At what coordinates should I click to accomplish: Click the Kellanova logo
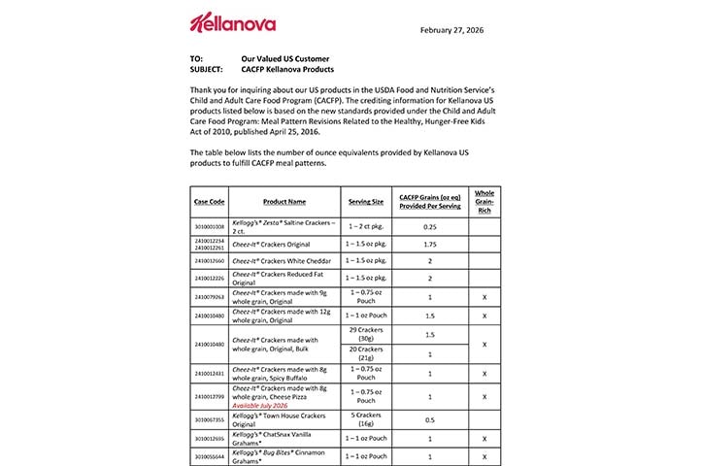(x=232, y=22)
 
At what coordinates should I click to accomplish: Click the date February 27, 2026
(x=451, y=30)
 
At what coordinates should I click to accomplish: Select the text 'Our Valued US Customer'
(x=285, y=58)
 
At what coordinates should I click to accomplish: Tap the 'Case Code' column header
(x=209, y=201)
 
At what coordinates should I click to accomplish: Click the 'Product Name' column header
(x=284, y=201)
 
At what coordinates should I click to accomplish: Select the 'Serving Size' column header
(x=367, y=201)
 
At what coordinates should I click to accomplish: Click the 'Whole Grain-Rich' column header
(x=484, y=200)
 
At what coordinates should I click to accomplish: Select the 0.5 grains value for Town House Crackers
(x=428, y=418)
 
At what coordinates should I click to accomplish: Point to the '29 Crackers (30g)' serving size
(x=367, y=335)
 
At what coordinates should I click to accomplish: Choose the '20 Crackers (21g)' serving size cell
(x=367, y=354)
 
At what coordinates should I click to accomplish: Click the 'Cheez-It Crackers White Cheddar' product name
(x=283, y=260)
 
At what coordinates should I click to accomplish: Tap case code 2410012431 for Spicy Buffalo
(x=209, y=373)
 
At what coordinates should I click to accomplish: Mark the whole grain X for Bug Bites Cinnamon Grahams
(x=484, y=455)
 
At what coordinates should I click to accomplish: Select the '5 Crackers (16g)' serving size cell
(x=367, y=418)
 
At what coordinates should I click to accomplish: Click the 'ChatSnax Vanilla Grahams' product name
(x=283, y=437)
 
